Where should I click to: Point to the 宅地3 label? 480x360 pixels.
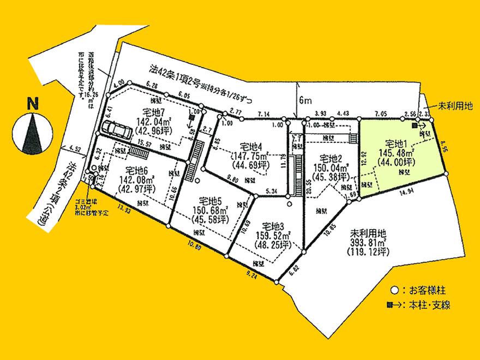[x=272, y=226]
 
